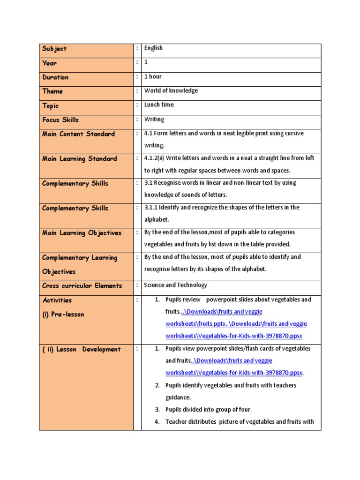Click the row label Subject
coord(54,49)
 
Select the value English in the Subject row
coord(153,48)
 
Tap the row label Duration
coord(55,77)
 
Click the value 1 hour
coord(153,76)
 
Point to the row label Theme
coord(52,91)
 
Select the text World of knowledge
coord(171,90)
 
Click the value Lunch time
coord(159,105)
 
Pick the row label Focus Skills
coord(60,120)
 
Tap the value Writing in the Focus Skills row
coord(154,119)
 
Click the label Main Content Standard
coord(78,134)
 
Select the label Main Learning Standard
coord(79,159)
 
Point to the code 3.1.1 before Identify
coord(151,207)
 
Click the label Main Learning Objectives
coord(82,233)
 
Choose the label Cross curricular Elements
coord(82,286)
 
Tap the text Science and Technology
coord(175,285)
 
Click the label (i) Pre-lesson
coord(63,315)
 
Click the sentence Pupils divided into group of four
coord(208,409)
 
